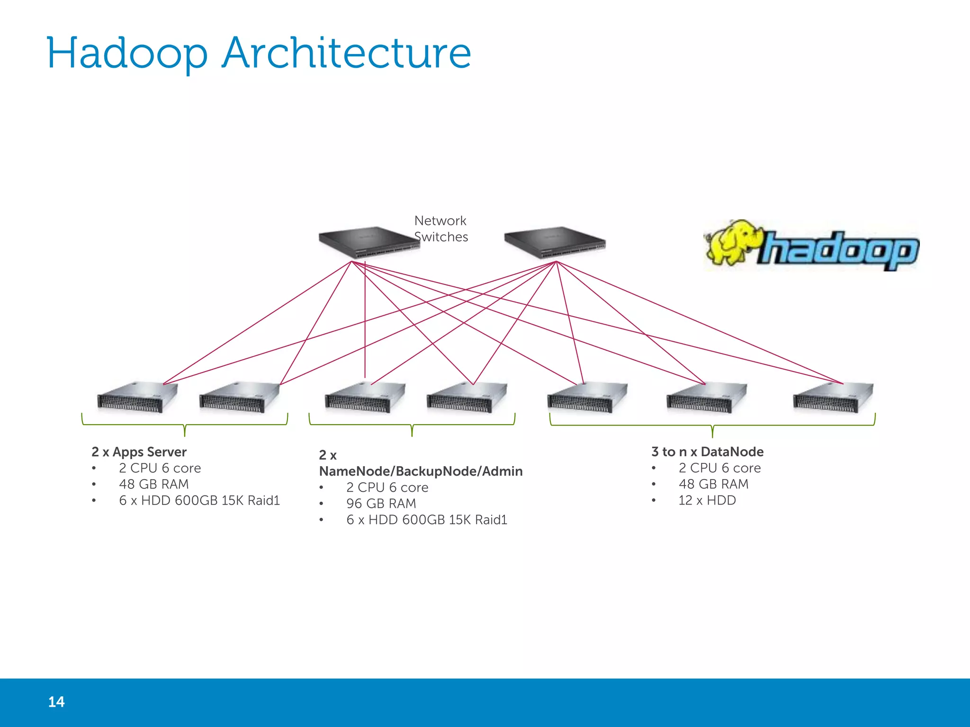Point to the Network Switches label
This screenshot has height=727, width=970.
coord(440,229)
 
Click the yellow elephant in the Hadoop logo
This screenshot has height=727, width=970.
coord(732,242)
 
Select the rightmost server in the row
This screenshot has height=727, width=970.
coord(833,398)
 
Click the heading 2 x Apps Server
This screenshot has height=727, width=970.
coord(139,452)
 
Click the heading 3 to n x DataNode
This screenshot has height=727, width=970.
coord(707,452)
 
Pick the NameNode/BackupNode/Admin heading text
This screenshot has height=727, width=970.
coord(421,471)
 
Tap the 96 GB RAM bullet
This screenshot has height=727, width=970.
coord(381,504)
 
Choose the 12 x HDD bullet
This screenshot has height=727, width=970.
coord(707,500)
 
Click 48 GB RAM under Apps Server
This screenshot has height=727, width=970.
coord(153,484)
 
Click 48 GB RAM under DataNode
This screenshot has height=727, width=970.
coord(713,484)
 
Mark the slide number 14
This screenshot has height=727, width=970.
coord(56,702)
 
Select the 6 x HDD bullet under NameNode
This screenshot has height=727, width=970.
coord(426,520)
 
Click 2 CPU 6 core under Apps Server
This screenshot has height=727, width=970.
coord(160,468)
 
